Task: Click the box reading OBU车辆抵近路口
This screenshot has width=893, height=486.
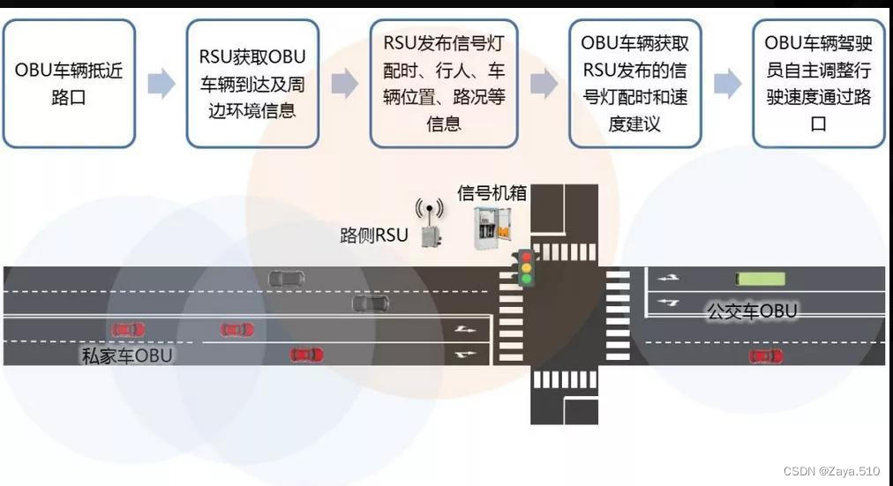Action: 69,83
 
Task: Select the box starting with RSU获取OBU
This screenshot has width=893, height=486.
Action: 252,83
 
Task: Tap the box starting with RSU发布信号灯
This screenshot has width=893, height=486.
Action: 443,83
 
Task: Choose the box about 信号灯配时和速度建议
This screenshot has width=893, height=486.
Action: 634,83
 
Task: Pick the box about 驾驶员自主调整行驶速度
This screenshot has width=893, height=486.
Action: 818,83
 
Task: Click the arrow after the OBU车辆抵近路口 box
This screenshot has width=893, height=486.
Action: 161,84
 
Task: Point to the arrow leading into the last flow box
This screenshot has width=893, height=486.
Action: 727,84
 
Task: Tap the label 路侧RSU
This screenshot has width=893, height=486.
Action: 374,235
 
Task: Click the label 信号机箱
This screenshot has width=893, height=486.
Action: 492,193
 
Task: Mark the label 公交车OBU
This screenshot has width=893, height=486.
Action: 752,310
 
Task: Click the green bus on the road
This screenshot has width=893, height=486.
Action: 761,279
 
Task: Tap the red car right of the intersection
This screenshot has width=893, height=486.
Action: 765,355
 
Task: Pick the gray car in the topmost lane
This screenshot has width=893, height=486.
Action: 287,278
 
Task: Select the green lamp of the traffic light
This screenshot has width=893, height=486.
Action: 526,279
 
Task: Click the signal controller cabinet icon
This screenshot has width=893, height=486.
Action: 492,227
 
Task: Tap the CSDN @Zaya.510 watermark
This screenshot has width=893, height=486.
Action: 831,471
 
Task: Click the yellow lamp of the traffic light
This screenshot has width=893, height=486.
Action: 526,268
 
